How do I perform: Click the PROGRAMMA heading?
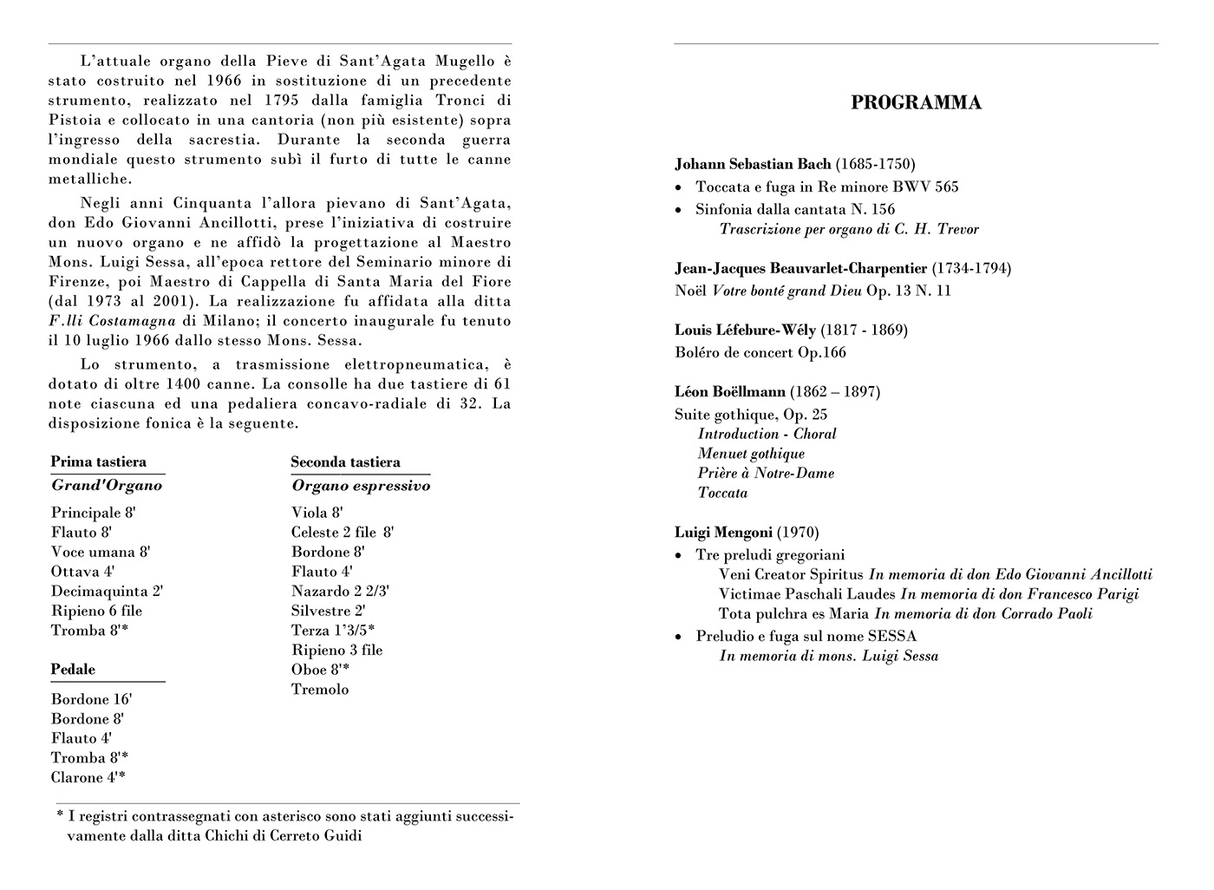click(x=916, y=103)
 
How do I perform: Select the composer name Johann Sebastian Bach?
click(x=753, y=164)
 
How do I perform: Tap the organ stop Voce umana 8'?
click(x=100, y=553)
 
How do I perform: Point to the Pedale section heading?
click(x=73, y=670)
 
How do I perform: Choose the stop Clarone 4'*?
click(x=88, y=778)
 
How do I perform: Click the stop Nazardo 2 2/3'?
click(x=340, y=592)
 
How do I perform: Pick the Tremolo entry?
click(x=320, y=690)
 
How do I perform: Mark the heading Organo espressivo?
click(x=361, y=486)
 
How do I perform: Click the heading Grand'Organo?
click(x=107, y=486)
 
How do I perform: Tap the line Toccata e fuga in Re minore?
click(x=826, y=187)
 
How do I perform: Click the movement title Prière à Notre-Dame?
click(x=766, y=474)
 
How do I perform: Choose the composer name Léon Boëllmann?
click(x=730, y=392)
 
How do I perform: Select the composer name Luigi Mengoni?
click(x=723, y=533)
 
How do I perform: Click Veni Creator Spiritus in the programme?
click(x=791, y=574)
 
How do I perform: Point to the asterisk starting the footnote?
click(x=60, y=815)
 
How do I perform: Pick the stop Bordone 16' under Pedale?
click(x=91, y=699)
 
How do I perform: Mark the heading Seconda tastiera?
click(x=345, y=462)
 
